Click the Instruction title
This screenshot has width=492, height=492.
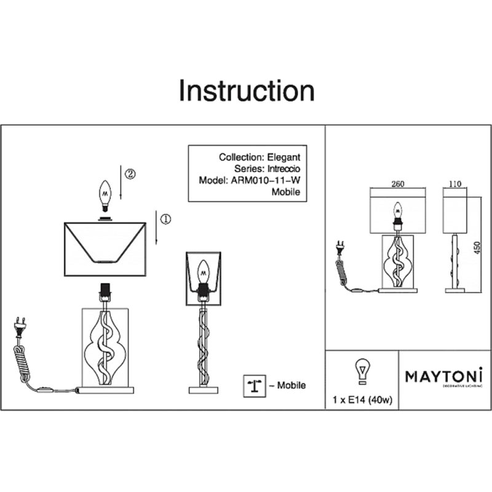246,91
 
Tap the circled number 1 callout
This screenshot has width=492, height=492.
165,218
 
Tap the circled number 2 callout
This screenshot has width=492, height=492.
130,173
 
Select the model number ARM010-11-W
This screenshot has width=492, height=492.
268,181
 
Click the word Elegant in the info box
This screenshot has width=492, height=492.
285,157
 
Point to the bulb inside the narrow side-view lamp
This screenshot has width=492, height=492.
202,269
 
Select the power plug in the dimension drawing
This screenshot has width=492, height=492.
339,248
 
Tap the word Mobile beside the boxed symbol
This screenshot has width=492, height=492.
291,386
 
